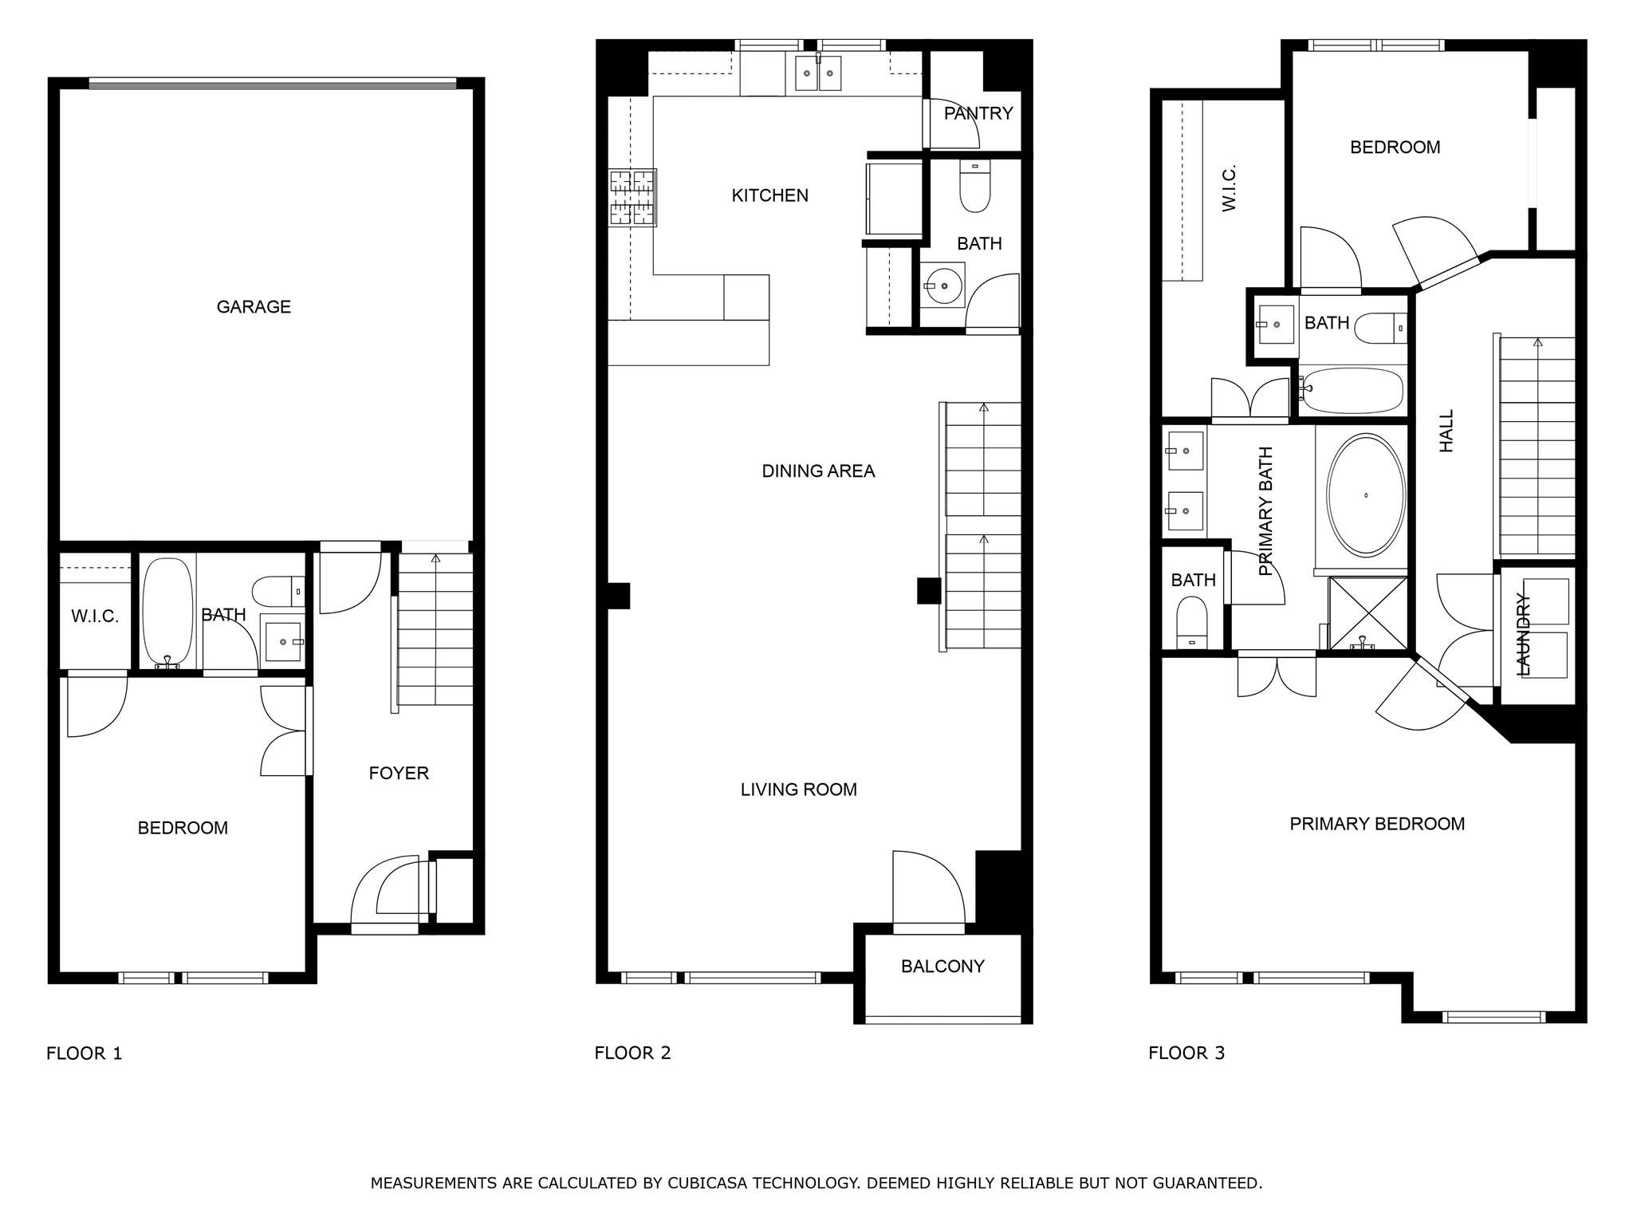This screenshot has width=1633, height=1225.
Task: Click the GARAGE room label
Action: [x=254, y=307]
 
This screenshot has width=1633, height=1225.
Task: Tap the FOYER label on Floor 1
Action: [x=399, y=773]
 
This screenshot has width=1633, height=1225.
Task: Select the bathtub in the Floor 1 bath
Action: [x=167, y=610]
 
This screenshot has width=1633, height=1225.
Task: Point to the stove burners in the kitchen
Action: [x=632, y=198]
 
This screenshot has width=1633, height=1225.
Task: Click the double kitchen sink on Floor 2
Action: [x=818, y=74]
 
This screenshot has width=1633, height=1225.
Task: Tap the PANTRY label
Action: [x=978, y=113]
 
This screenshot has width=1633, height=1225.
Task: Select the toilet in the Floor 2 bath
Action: [x=974, y=187]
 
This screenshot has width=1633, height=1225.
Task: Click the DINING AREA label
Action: [x=818, y=471]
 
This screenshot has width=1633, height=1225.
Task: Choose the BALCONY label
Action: [x=942, y=967]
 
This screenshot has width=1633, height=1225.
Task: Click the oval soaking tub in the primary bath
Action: [x=1366, y=495]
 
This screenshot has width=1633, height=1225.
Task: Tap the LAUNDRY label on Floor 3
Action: [x=1523, y=635]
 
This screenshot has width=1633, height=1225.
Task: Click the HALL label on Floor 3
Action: [x=1446, y=431]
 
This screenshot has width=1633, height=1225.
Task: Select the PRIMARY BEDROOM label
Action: [x=1377, y=824]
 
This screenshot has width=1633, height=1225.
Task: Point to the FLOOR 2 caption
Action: [x=632, y=1053]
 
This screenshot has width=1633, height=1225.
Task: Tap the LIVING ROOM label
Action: [x=798, y=790]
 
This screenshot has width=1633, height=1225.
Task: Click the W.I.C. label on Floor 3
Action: [x=1229, y=189]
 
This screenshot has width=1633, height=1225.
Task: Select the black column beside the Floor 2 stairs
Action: [x=928, y=591]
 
